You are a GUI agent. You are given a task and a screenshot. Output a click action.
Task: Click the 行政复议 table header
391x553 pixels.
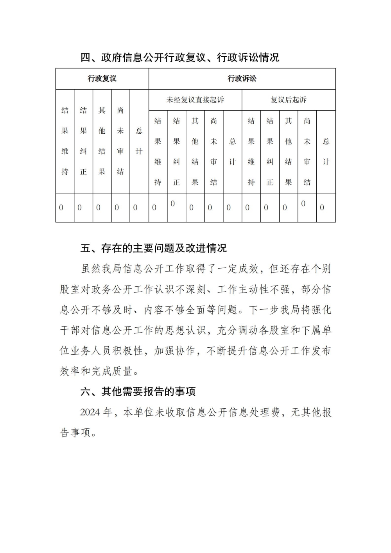102,79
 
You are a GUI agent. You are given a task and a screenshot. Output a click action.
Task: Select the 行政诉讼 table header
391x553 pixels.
242,79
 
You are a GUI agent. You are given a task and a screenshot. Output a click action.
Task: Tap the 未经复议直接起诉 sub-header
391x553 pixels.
195,100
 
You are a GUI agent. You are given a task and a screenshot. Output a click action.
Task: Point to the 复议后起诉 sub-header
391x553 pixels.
289,100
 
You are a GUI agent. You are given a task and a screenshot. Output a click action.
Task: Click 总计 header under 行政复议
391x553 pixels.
139,141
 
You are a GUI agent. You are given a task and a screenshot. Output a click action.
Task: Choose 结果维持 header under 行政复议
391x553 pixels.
65,141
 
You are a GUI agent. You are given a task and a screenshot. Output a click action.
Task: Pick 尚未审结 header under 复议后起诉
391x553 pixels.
307,151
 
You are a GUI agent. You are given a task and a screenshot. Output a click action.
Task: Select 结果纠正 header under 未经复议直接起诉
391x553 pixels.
176,151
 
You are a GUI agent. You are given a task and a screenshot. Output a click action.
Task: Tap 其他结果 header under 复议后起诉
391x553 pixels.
289,151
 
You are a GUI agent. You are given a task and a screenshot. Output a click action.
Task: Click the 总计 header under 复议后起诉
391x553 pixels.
326,151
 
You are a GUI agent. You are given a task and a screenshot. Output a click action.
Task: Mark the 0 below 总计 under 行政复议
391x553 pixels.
135,208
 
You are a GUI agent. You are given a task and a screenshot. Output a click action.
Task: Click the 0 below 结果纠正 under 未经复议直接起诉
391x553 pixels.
173,203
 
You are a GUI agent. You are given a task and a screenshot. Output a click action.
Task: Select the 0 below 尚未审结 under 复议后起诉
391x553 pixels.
303,203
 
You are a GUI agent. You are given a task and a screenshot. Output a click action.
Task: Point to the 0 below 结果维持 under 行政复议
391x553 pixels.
61,208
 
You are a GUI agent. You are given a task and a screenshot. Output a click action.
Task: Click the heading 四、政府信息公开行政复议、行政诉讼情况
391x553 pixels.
180,57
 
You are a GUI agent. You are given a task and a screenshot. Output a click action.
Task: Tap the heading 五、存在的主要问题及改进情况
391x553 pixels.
154,248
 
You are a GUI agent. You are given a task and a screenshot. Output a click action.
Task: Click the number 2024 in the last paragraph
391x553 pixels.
90,413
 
